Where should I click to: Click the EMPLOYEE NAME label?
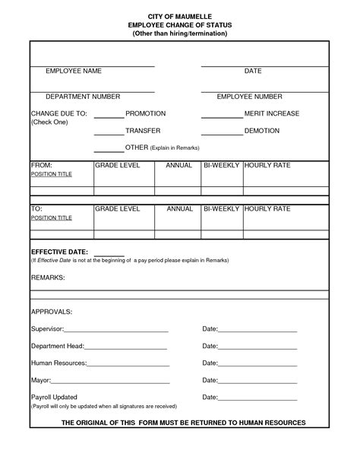[74, 71]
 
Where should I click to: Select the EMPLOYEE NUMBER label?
[249, 97]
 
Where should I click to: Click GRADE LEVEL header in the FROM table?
[117, 165]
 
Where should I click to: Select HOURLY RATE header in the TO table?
[267, 208]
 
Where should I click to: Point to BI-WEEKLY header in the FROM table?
[221, 165]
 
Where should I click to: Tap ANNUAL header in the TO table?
[180, 208]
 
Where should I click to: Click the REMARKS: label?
[48, 278]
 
